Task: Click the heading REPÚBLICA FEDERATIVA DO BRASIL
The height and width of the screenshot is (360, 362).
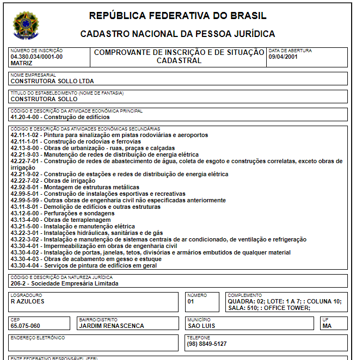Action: tap(177, 16)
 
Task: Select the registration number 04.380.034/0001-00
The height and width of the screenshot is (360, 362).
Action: tap(36, 57)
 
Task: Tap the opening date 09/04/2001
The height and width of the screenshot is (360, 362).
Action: tap(283, 57)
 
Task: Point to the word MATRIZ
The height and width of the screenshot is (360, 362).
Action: tap(22, 63)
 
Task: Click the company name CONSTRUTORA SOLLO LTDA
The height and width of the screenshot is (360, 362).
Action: tap(52, 81)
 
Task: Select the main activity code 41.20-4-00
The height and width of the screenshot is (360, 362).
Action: tap(26, 117)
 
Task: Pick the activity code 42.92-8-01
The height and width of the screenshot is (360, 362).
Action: tap(26, 187)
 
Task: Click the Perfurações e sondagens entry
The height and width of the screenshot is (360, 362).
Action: tap(63, 213)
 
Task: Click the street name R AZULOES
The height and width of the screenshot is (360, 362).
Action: tap(28, 301)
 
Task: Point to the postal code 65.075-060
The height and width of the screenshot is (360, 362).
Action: tap(26, 326)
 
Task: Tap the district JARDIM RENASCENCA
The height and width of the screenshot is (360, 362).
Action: tap(112, 326)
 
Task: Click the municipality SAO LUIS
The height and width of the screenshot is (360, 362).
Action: tap(201, 326)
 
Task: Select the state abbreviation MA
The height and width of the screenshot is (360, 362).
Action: tap(327, 326)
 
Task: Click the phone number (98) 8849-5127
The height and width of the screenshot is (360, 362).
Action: tap(207, 344)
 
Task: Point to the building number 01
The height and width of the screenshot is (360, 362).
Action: tap(191, 301)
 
